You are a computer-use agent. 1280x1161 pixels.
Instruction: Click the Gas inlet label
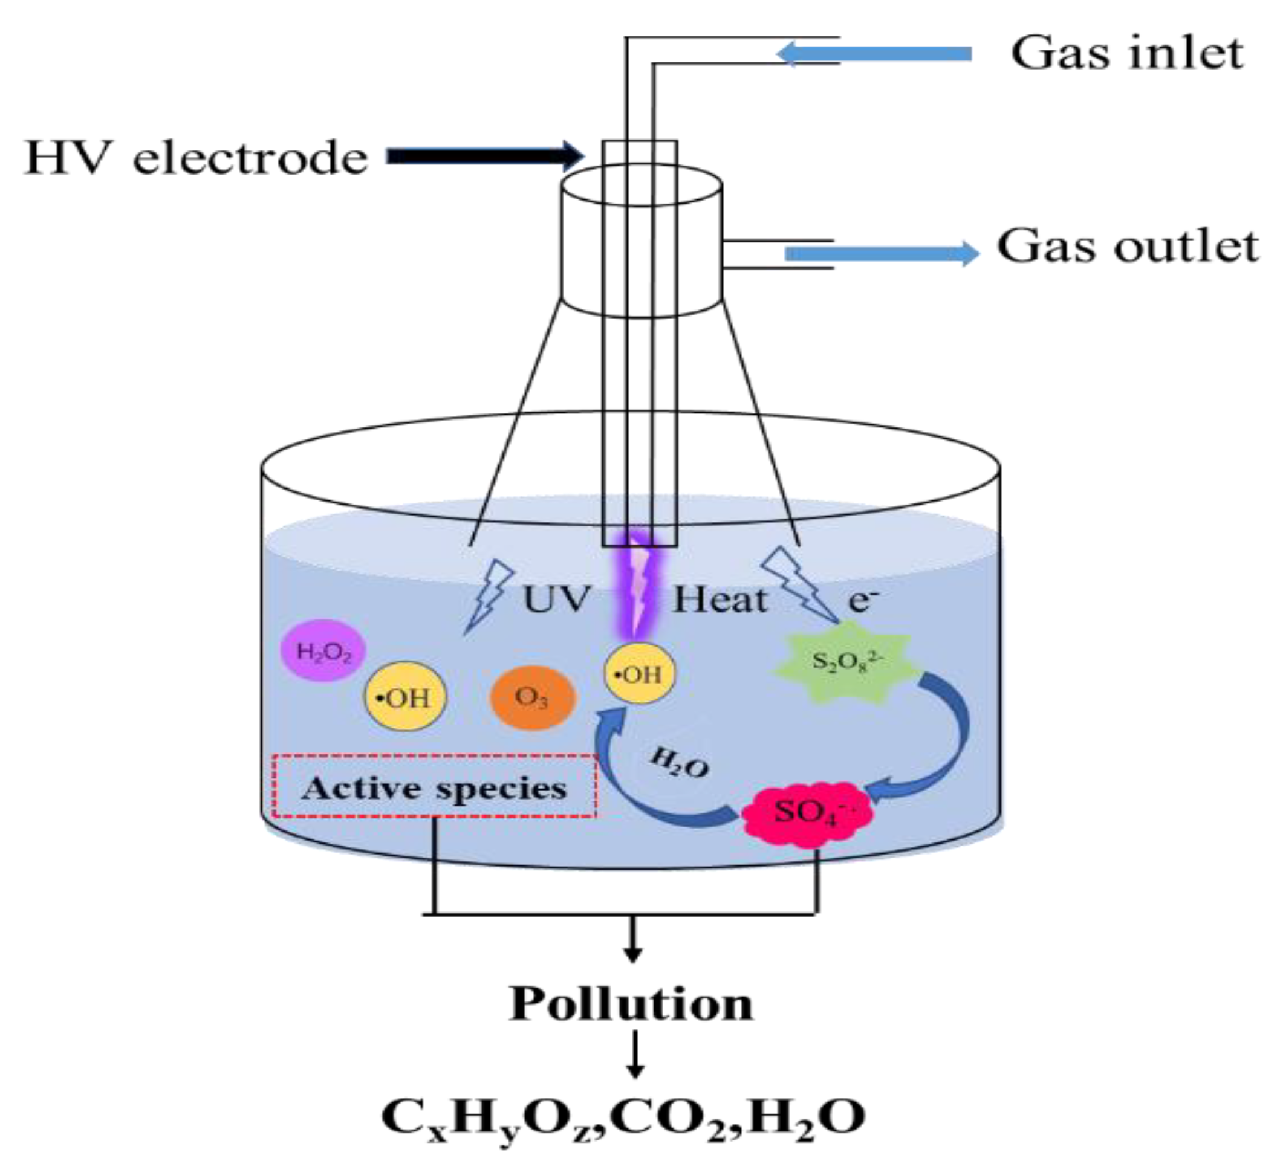coord(1126,53)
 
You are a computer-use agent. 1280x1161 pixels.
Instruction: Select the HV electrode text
coord(195,157)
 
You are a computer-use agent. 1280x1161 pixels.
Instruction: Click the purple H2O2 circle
coord(324,652)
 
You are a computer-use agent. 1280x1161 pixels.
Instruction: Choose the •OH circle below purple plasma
coord(639,673)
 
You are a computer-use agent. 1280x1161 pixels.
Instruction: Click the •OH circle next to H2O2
coord(405,697)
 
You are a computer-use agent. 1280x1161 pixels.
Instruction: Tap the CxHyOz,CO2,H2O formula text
coord(623,1117)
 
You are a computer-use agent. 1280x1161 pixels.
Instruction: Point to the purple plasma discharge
coord(639,587)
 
